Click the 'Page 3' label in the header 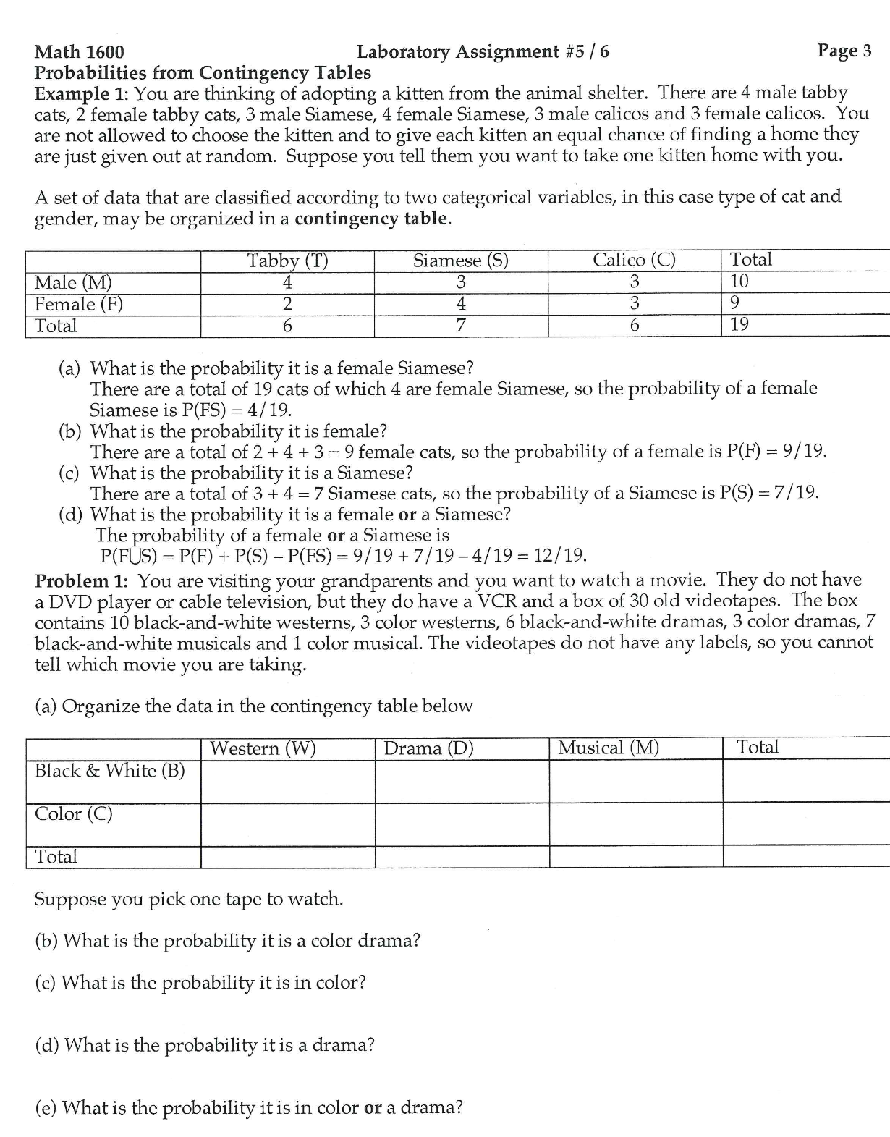coord(844,51)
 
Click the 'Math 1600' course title coord(80,52)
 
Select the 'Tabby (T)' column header coord(287,261)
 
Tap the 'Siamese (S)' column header coord(460,261)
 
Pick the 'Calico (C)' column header coord(634,260)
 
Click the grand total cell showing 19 coord(739,324)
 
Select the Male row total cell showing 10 coord(739,281)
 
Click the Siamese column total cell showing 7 coord(460,326)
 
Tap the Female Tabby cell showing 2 coord(287,304)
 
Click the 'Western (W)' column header coord(263,748)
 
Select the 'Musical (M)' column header coord(609,748)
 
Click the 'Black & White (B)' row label coord(110,771)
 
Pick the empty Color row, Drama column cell coord(462,824)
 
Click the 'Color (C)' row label coord(74,814)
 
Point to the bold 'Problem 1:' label coord(82,581)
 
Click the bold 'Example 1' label coord(80,94)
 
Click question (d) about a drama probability coord(205,1045)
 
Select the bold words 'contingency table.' coord(373,219)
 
